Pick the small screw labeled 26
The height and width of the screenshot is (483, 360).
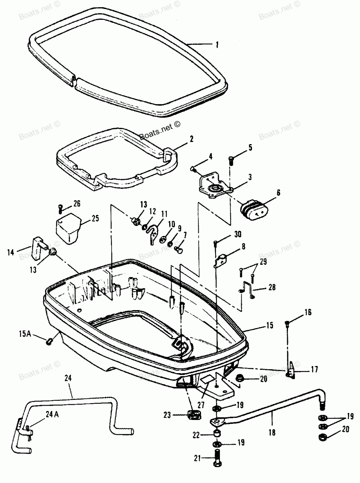(60, 208)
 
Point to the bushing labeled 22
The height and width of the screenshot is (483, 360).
(218, 433)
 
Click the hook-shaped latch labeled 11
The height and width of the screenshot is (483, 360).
(154, 233)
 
